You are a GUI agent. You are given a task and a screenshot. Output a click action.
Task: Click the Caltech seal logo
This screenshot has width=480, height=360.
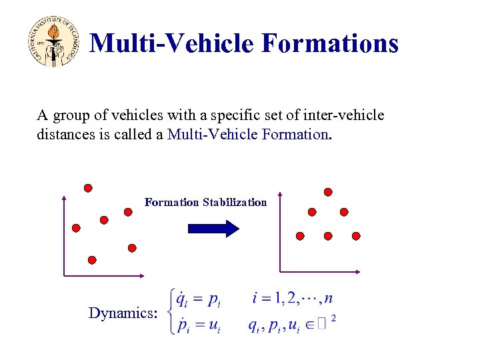click(x=54, y=42)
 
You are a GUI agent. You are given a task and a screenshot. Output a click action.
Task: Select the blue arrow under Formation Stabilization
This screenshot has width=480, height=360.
click(x=213, y=229)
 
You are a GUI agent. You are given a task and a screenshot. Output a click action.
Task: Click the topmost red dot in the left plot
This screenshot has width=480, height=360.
click(x=88, y=188)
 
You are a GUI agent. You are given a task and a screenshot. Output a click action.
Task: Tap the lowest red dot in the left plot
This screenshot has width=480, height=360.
click(x=92, y=259)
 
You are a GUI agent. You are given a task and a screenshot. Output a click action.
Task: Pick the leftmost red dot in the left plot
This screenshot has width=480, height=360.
click(x=76, y=228)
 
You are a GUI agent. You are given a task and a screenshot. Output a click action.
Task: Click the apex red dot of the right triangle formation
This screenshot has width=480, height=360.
click(x=328, y=192)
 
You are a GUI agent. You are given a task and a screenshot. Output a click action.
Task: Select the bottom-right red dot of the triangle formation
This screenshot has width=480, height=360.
click(x=356, y=236)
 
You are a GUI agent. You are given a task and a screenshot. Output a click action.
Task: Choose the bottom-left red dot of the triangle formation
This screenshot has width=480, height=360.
click(x=300, y=236)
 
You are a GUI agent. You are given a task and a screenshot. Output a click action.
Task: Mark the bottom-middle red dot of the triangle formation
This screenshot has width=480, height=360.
click(x=328, y=236)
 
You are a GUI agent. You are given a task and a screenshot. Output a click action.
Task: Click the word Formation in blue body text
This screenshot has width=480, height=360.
click(x=295, y=134)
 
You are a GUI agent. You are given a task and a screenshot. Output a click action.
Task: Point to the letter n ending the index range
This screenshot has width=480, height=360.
click(x=328, y=297)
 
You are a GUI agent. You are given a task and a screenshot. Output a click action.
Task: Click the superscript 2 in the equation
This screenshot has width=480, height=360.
click(x=333, y=319)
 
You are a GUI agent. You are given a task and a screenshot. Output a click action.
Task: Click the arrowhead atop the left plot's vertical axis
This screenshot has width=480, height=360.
click(x=63, y=198)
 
